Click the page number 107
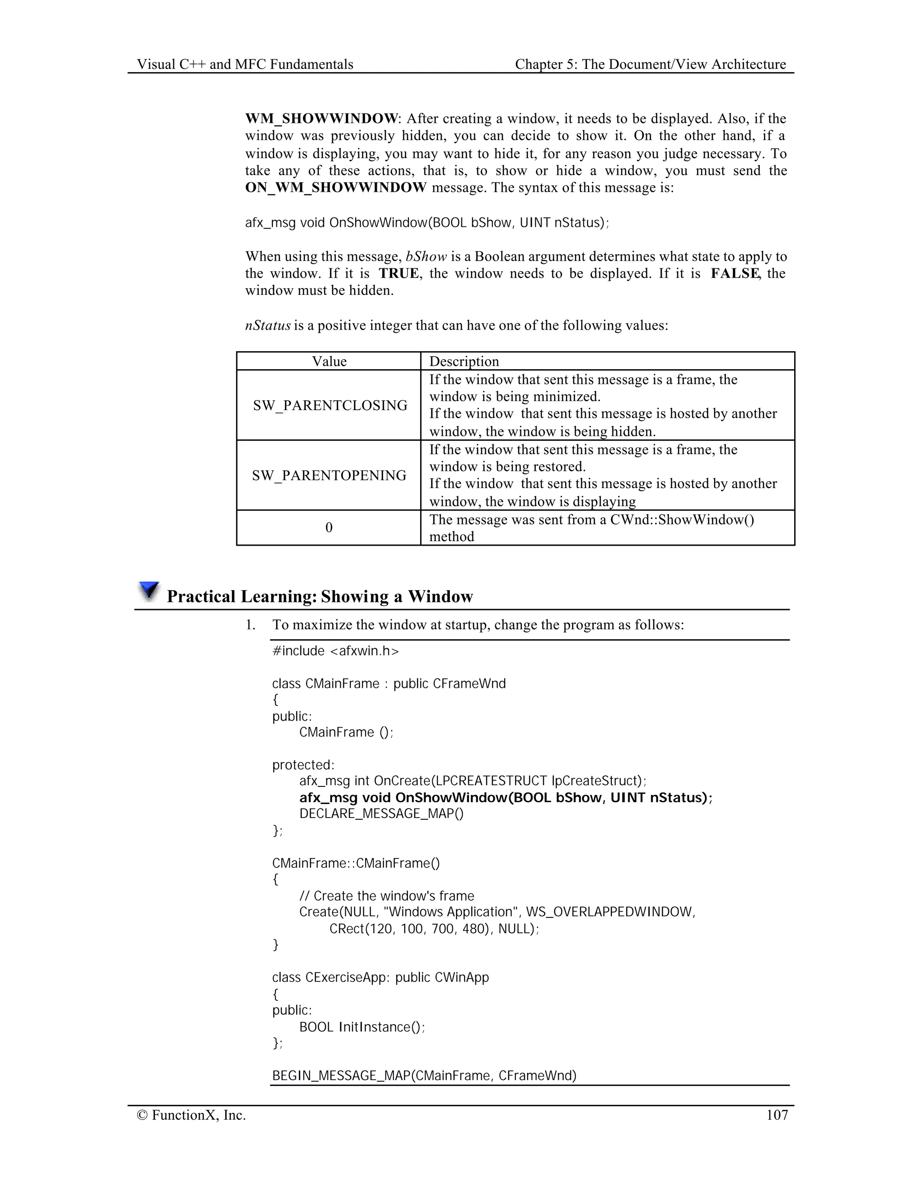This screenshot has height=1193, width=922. (777, 1115)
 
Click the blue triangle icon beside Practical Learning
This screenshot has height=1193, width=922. (149, 591)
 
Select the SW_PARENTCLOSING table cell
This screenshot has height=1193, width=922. (330, 405)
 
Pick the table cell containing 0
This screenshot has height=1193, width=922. (329, 528)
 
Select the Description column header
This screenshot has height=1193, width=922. (464, 362)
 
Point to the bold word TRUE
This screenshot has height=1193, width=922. (399, 273)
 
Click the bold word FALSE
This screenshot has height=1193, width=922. (735, 273)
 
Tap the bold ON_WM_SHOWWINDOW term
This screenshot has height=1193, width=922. (335, 188)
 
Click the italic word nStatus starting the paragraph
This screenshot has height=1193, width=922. (268, 325)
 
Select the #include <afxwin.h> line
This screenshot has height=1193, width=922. (335, 651)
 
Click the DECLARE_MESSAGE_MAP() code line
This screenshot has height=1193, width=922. (381, 813)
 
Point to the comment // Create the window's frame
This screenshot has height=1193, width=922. (387, 896)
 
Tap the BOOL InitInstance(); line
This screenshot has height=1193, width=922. (362, 1027)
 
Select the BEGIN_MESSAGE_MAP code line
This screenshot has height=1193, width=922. (424, 1076)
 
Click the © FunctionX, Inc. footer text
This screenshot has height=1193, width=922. (191, 1115)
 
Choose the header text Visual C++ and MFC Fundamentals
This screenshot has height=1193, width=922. (245, 64)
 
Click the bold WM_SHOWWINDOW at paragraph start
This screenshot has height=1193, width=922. (321, 118)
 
